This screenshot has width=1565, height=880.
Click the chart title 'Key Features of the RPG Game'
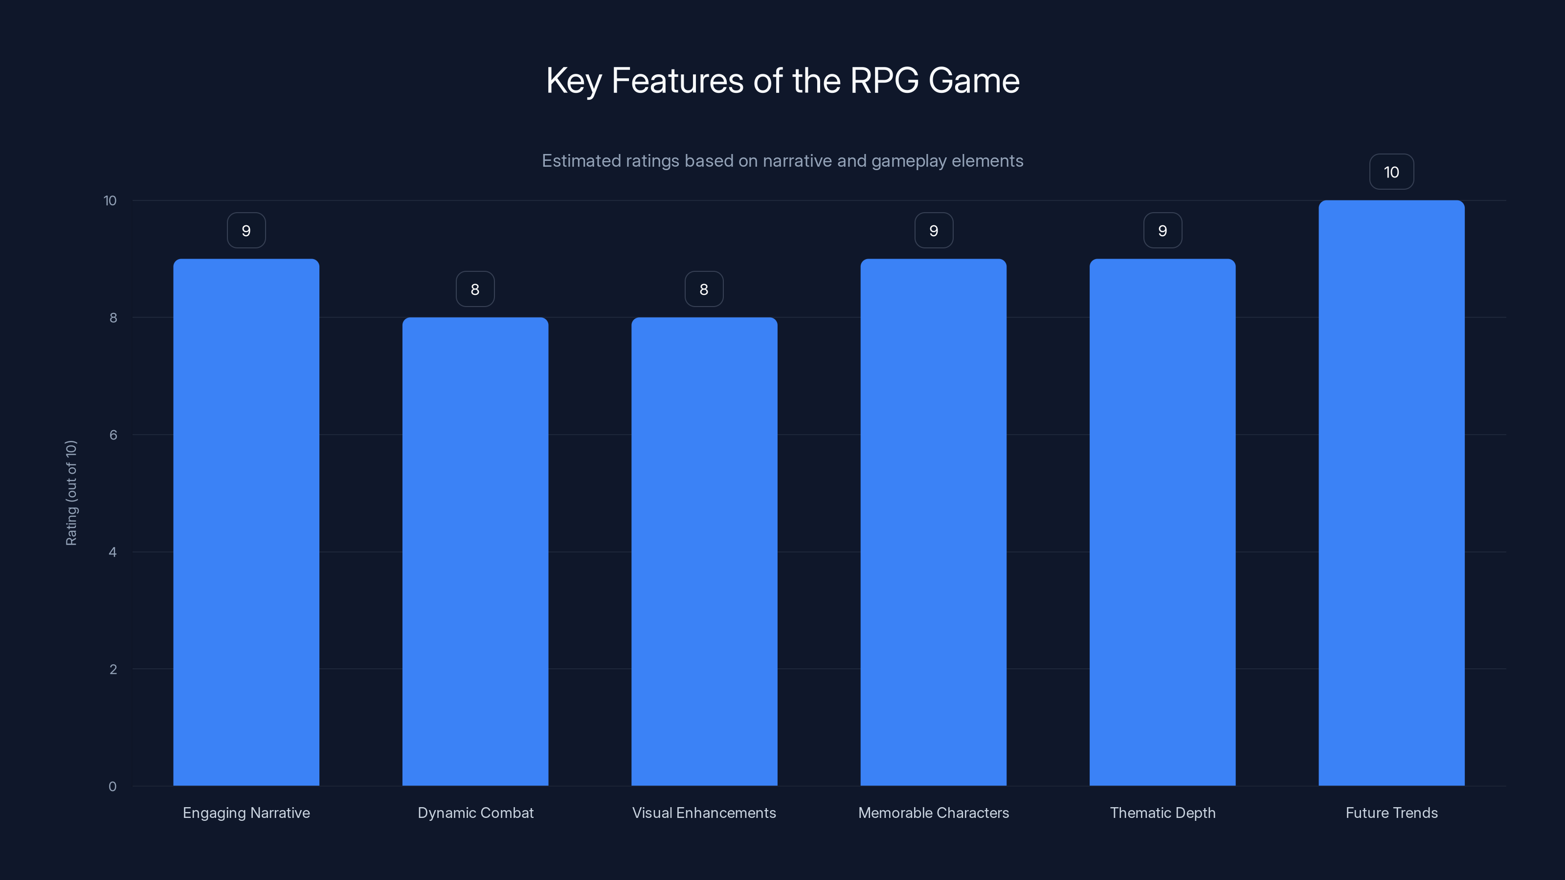[x=782, y=81]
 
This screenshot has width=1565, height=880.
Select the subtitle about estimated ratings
[x=782, y=161]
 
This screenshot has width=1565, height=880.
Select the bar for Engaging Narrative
[x=246, y=522]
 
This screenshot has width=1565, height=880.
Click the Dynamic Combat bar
[x=475, y=551]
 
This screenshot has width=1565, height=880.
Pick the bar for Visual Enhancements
[x=704, y=551]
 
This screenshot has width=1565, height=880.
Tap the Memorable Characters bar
[x=933, y=522]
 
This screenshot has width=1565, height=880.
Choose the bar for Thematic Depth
[x=1162, y=522]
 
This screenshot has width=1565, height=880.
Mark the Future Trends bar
[x=1391, y=493]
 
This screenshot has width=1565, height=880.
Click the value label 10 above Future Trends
[x=1391, y=173]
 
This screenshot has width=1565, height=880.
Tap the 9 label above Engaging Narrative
[x=246, y=231]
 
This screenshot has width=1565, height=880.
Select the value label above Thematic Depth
[x=1162, y=231]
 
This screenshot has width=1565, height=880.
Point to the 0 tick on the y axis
[x=112, y=787]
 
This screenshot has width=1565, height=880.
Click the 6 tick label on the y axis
[x=113, y=435]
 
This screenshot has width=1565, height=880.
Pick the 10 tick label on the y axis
[x=110, y=200]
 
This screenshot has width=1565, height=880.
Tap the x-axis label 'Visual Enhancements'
[x=704, y=813]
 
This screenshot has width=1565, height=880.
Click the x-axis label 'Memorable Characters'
[x=933, y=813]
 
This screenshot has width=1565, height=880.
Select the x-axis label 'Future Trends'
[x=1391, y=813]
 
